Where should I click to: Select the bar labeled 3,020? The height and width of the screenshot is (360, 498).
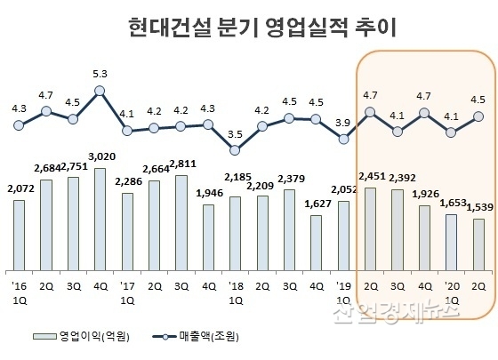(100, 219)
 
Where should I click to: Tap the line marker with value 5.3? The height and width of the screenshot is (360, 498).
(100, 90)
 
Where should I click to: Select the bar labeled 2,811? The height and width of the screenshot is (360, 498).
(181, 222)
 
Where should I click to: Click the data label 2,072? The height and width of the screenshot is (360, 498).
(19, 188)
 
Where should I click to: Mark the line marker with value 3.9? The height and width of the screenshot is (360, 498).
(343, 139)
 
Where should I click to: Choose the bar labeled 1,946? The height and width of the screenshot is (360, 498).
(208, 237)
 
